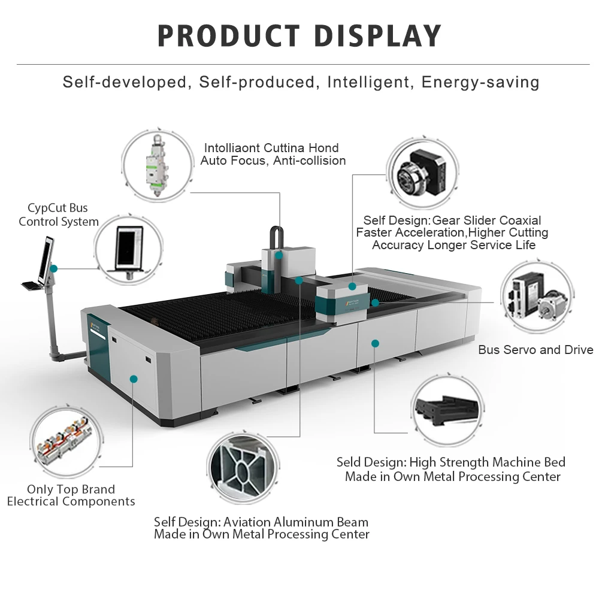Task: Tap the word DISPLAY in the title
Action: click(378, 36)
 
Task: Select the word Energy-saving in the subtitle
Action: click(480, 82)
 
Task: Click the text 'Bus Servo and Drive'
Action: click(536, 350)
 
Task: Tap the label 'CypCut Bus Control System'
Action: click(58, 214)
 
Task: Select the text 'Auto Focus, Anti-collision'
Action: click(273, 161)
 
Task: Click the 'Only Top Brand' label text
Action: click(71, 489)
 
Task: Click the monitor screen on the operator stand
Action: click(46, 260)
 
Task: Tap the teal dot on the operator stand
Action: click(54, 269)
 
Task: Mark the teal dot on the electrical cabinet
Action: click(134, 379)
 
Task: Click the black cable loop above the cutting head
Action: click(276, 237)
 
